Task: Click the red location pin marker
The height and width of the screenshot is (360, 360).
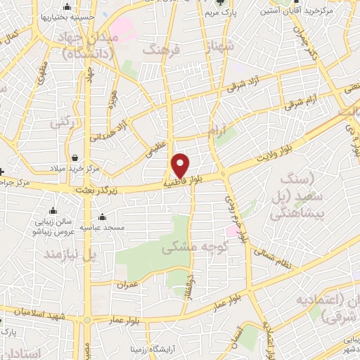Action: tap(181, 165)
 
